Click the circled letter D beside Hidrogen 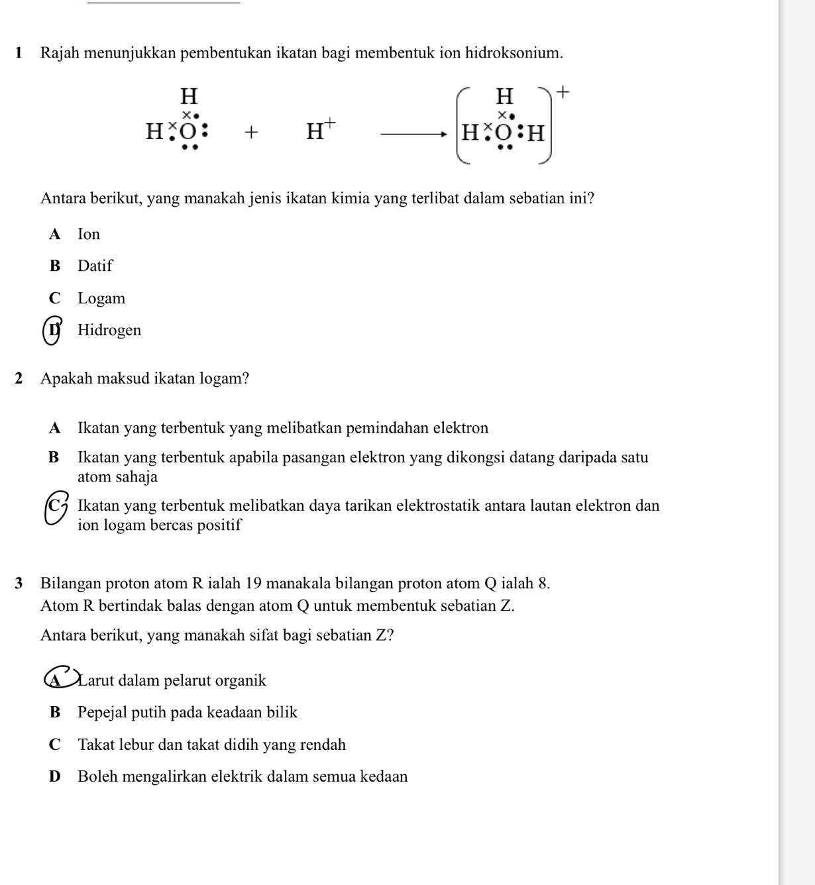pyautogui.click(x=52, y=331)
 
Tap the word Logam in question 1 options pyautogui.click(x=101, y=299)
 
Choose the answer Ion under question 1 pyautogui.click(x=89, y=234)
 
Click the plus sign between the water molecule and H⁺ pyautogui.click(x=250, y=133)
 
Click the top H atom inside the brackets pyautogui.click(x=505, y=97)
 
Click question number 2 pyautogui.click(x=19, y=379)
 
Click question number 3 pyautogui.click(x=19, y=584)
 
